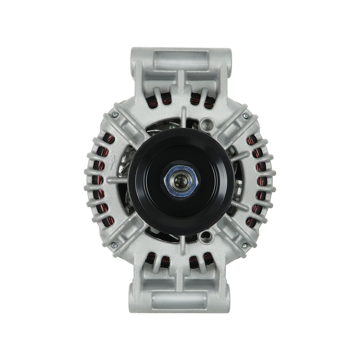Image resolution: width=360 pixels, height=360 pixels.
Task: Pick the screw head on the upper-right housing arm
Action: [246, 116]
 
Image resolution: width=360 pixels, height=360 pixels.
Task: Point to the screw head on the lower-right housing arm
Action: [246, 244]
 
